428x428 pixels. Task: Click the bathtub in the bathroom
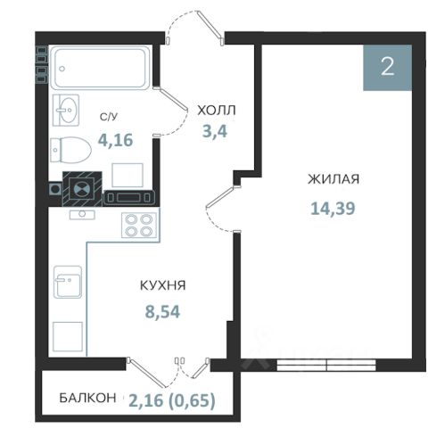click(100, 67)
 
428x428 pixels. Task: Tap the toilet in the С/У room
click(70, 150)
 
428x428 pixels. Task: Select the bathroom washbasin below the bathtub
click(66, 110)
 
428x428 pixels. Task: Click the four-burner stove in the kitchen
click(139, 225)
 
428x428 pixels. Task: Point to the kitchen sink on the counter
click(68, 282)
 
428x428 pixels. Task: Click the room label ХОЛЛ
click(217, 111)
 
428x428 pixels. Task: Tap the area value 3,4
click(215, 131)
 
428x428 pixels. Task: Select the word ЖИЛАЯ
click(333, 179)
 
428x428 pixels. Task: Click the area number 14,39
click(333, 208)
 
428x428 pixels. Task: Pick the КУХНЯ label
click(163, 285)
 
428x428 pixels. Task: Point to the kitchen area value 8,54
click(162, 312)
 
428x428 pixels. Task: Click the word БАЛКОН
click(87, 398)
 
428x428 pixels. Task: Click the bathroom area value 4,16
click(116, 140)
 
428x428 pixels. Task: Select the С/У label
click(109, 117)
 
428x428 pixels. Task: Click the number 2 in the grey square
click(388, 67)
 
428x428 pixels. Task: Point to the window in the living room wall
click(326, 365)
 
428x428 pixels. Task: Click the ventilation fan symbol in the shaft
click(82, 188)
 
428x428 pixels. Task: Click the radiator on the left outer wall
click(42, 64)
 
